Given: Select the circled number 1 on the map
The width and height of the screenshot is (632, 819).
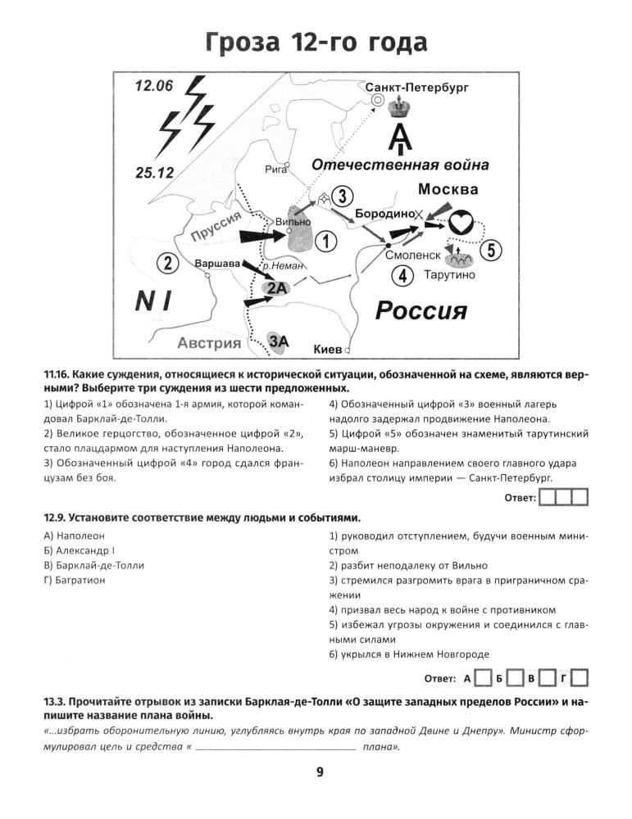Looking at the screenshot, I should point(326,242).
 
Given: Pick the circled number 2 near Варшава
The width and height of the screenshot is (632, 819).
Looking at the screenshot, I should point(168,264).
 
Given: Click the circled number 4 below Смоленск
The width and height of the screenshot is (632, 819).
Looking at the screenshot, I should point(402,276).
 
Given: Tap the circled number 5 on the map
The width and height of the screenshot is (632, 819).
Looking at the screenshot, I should point(490,251).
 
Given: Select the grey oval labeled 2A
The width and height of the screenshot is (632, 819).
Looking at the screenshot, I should point(276,287).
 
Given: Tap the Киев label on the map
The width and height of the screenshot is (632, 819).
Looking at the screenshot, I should point(328,350).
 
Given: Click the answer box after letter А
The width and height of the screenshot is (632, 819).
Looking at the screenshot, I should point(484,678).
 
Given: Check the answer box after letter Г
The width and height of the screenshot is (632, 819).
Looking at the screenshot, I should point(580,678).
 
